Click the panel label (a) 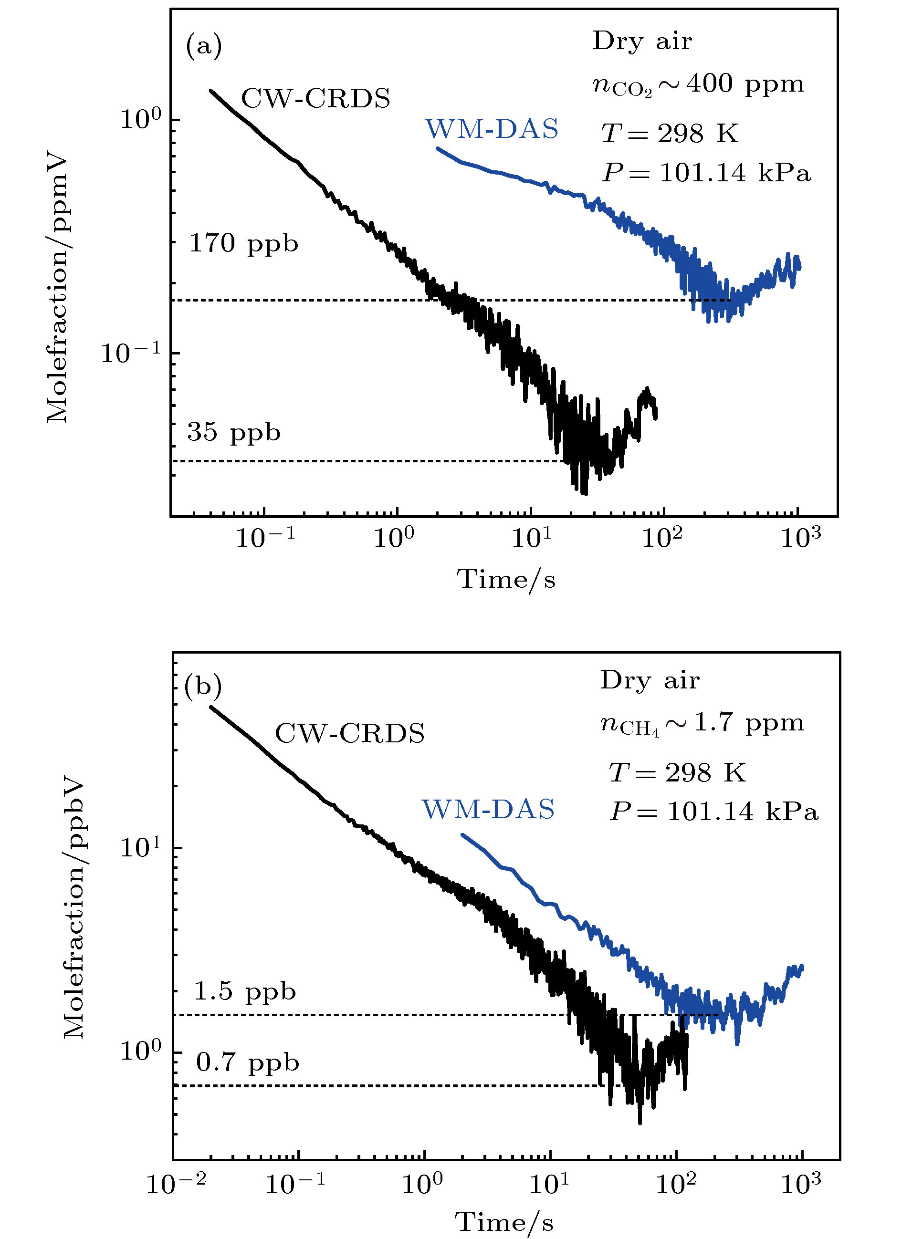tap(204, 46)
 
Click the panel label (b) tap(203, 686)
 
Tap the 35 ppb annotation tap(234, 432)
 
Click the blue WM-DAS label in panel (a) tap(492, 129)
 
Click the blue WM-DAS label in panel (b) tap(488, 809)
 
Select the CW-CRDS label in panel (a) tap(316, 99)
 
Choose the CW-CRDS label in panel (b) tap(350, 733)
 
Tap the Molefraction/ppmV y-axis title tap(58, 289)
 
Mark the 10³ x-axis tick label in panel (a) tap(800, 538)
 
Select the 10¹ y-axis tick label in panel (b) tap(141, 848)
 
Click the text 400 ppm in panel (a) tap(745, 84)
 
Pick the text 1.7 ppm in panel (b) tap(749, 723)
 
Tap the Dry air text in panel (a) tap(642, 42)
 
